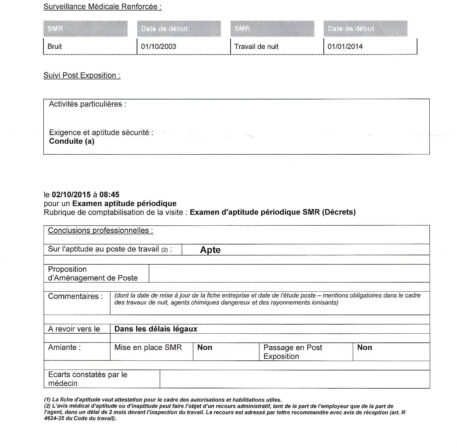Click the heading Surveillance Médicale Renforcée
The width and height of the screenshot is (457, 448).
click(x=103, y=7)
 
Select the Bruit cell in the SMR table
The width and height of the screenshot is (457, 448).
click(x=55, y=46)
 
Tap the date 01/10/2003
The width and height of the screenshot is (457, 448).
click(x=158, y=46)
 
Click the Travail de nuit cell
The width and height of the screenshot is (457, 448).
click(x=256, y=46)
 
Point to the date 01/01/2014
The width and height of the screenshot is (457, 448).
click(x=345, y=46)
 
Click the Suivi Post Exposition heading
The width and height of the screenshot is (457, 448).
click(x=82, y=75)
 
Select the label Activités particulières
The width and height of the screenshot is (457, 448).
click(x=87, y=104)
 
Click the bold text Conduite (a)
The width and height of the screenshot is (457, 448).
click(x=72, y=141)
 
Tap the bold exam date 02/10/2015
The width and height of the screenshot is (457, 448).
click(x=71, y=194)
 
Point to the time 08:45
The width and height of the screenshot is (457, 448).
click(x=109, y=194)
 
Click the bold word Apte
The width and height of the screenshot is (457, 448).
click(x=210, y=250)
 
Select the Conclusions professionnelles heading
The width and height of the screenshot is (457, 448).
click(x=100, y=230)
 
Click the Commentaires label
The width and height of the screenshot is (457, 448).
click(x=75, y=296)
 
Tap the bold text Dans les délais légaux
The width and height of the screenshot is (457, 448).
click(x=156, y=329)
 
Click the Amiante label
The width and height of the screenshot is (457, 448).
click(x=64, y=347)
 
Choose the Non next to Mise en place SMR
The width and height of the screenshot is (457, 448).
click(x=204, y=347)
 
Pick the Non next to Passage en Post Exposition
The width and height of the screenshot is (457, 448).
click(x=364, y=347)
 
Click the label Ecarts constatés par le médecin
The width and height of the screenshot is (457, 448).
click(x=88, y=379)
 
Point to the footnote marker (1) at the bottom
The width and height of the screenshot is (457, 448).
click(x=47, y=400)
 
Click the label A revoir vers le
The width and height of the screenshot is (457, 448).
click(x=74, y=329)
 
